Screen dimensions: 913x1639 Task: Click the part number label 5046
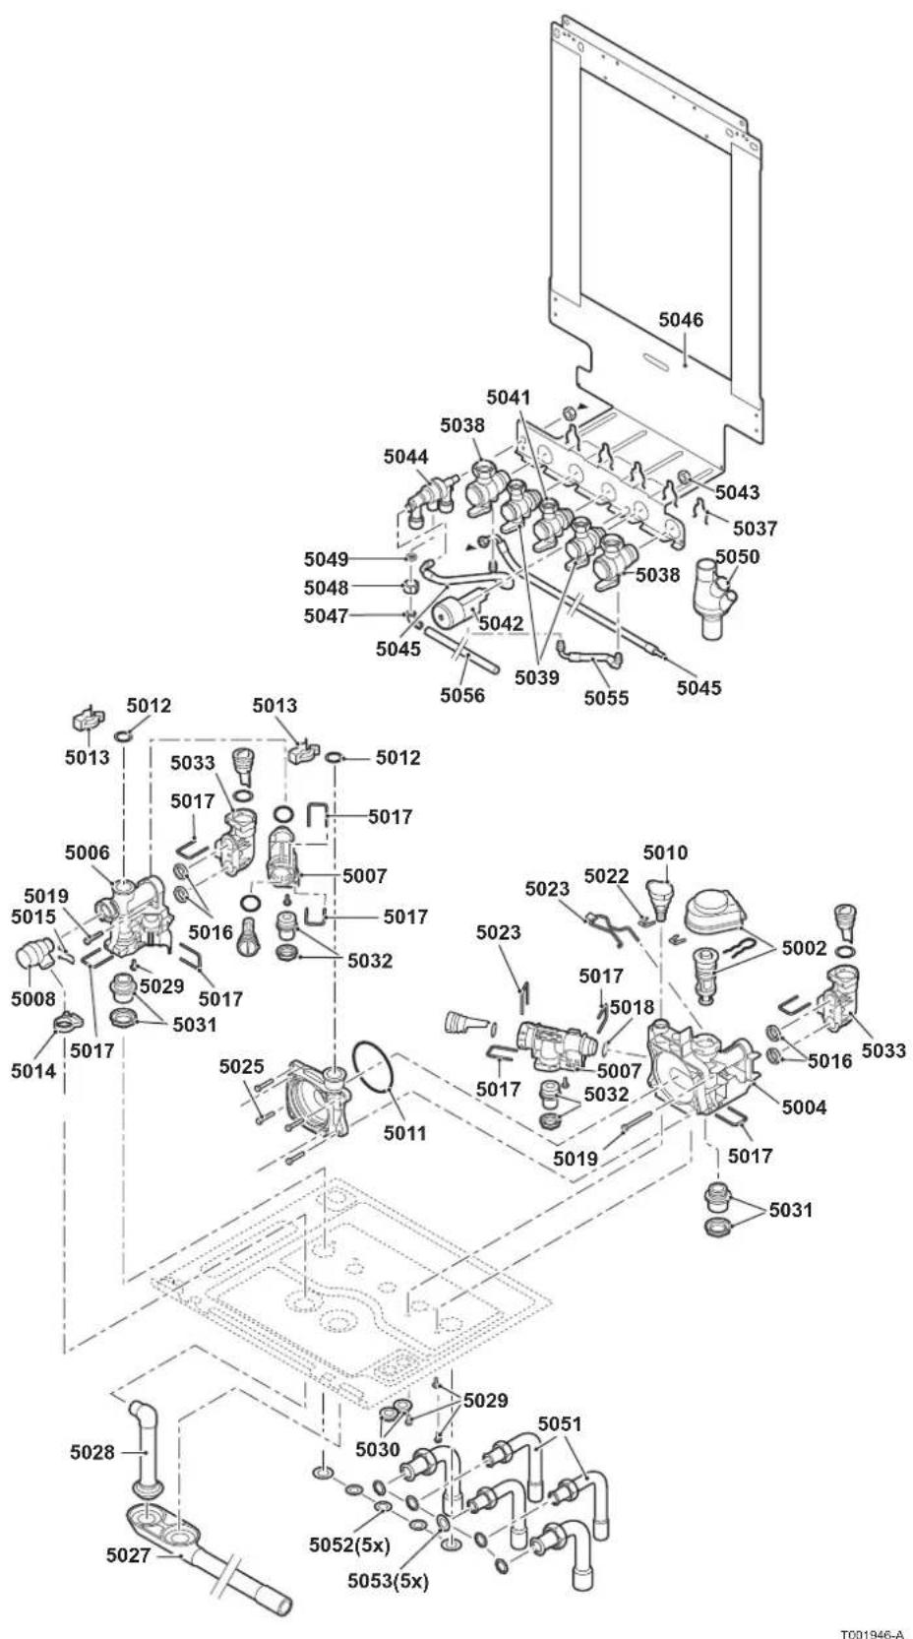pyautogui.click(x=681, y=320)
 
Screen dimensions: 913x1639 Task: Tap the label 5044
pyautogui.click(x=406, y=457)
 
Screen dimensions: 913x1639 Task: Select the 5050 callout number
pyautogui.click(x=738, y=557)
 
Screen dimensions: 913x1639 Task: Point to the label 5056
pyautogui.click(x=462, y=695)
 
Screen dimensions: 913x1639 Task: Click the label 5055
pyautogui.click(x=606, y=698)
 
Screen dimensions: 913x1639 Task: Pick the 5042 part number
pyautogui.click(x=501, y=623)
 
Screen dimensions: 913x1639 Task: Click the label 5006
pyautogui.click(x=87, y=852)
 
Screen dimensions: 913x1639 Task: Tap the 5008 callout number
pyautogui.click(x=33, y=999)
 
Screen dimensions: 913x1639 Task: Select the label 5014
pyautogui.click(x=33, y=1071)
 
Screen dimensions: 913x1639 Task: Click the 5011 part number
pyautogui.click(x=405, y=1133)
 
